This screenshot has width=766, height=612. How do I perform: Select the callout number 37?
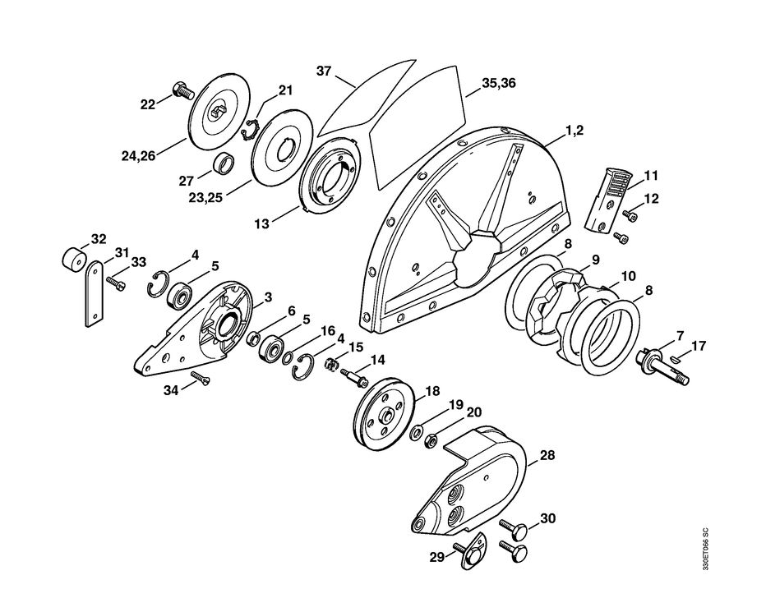(324, 71)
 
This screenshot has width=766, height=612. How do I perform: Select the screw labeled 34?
(200, 380)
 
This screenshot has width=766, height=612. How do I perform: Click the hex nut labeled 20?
(428, 444)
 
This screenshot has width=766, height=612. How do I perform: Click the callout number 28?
(546, 453)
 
